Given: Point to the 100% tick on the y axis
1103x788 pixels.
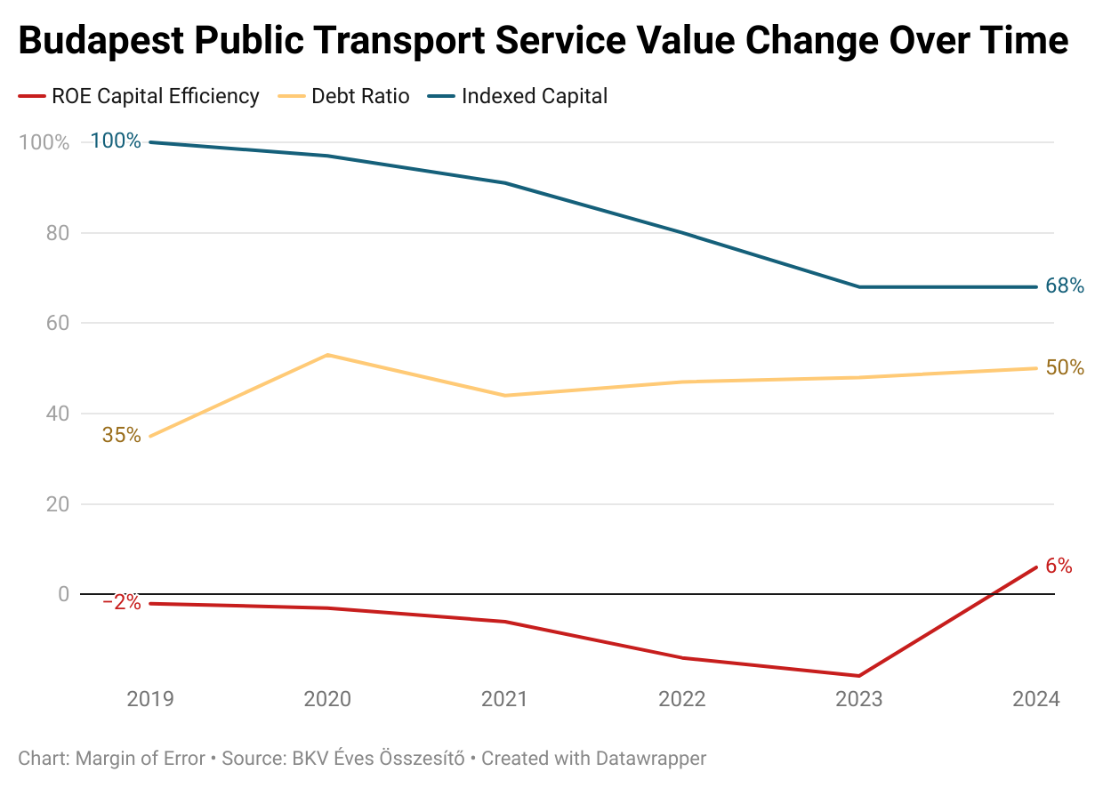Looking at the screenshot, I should (44, 142).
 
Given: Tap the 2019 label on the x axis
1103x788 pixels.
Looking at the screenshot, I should (150, 699).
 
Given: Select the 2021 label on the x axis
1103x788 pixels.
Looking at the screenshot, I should (504, 699).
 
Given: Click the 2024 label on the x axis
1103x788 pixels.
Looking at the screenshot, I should (1036, 699).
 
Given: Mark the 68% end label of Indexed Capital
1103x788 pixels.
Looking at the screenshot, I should (1065, 286).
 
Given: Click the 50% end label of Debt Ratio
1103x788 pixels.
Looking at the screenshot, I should (1065, 367).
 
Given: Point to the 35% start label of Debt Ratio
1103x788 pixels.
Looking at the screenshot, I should (121, 435).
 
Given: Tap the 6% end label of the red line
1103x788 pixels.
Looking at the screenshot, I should (1059, 566).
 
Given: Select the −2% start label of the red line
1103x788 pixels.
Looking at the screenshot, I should (121, 602).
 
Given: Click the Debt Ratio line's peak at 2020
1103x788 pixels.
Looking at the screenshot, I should (328, 355).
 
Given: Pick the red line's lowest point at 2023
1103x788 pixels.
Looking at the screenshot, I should (859, 676).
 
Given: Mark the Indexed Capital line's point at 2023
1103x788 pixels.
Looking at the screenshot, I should (859, 286).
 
